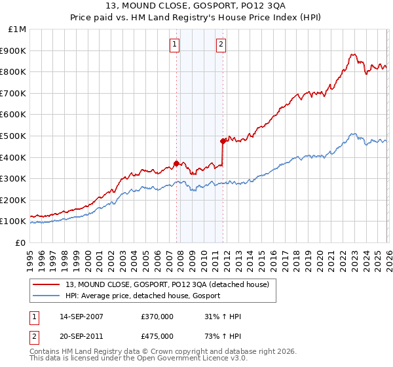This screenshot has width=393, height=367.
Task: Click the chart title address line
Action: [196, 7]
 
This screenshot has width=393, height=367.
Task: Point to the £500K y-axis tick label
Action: [14, 136]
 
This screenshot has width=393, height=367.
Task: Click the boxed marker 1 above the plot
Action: [176, 45]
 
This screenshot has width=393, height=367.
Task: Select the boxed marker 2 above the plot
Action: [221, 45]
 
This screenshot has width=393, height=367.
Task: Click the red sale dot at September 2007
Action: [176, 164]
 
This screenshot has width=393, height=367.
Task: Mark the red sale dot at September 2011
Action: [223, 141]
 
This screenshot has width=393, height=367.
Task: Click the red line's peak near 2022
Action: [352, 55]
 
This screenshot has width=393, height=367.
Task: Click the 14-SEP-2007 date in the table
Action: [81, 317]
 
